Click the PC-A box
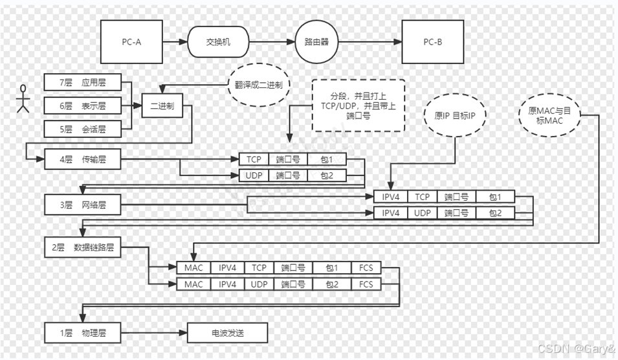[131, 42]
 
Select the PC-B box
[433, 42]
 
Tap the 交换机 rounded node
[218, 42]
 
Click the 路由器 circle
[318, 42]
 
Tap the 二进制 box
[162, 106]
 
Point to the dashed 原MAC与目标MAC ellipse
[550, 117]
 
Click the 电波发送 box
[226, 333]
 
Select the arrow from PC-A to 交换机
[174, 42]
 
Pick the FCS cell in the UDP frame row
[366, 284]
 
